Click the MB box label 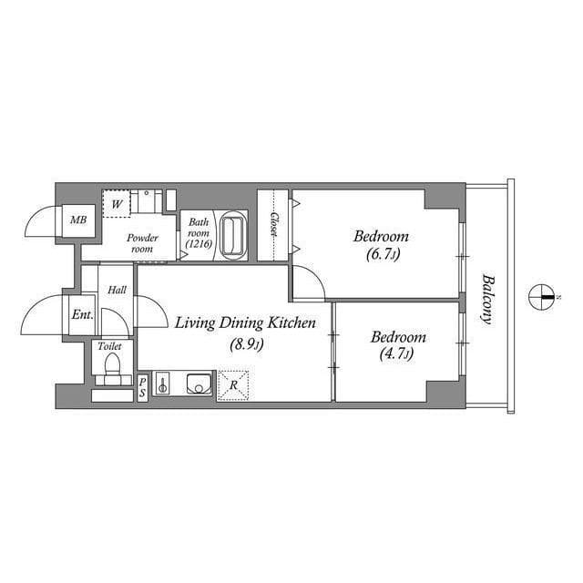[79, 220]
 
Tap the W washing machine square [117, 204]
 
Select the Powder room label [143, 243]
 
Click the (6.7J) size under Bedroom [382, 255]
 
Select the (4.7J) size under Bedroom [397, 354]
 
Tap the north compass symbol [543, 297]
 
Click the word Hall [118, 291]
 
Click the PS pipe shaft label [143, 386]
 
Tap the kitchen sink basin [199, 384]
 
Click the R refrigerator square [234, 385]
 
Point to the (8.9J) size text [245, 344]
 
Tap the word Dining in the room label [234, 322]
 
